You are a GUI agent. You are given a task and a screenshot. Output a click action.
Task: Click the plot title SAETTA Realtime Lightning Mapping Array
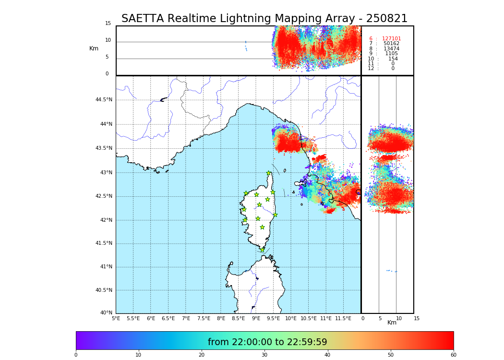coord(264,19)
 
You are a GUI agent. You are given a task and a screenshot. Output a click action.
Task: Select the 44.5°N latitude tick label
coord(104,100)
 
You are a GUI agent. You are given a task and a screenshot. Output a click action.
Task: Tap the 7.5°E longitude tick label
coord(204,318)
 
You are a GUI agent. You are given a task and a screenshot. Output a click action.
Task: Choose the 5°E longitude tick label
coord(116,318)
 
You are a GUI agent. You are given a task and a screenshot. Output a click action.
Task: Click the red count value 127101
coord(391,39)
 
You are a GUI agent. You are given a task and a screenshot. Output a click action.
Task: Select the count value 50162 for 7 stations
coord(391,44)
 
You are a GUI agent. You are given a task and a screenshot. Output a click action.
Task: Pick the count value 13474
coord(391,49)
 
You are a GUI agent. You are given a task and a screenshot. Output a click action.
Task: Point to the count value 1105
coord(391,54)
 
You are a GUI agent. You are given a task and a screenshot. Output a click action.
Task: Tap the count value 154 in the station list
coord(393,59)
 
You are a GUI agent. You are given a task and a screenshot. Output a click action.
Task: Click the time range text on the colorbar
coord(267,342)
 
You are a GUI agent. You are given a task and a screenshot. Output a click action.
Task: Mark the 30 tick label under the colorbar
coord(264,355)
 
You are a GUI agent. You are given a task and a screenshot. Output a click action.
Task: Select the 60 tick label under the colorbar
coord(453,355)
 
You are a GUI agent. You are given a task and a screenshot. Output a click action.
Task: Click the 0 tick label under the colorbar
coord(76,355)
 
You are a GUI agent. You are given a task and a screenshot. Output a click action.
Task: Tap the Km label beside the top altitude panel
coord(94,48)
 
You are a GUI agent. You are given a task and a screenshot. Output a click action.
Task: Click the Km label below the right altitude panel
coord(392,323)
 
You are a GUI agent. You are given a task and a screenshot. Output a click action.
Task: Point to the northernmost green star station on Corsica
coord(269,173)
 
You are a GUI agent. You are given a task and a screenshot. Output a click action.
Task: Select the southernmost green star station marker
coord(262,250)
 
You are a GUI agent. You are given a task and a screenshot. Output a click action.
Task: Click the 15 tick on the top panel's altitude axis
coord(108,24)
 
